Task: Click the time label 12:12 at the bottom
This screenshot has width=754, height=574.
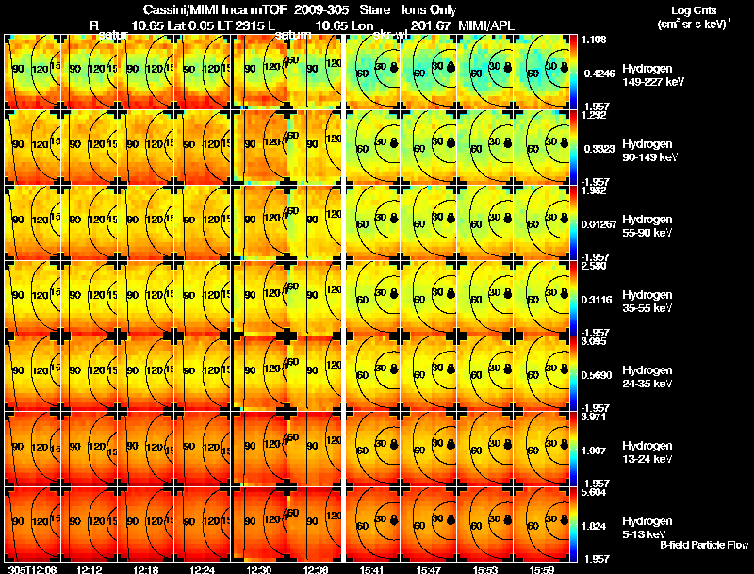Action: click(x=91, y=569)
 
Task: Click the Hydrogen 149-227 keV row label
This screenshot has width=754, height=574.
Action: click(x=652, y=75)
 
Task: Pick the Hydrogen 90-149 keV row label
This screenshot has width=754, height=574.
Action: click(x=652, y=151)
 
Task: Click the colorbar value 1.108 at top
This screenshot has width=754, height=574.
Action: click(x=594, y=40)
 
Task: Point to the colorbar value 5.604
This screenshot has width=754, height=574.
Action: click(x=594, y=492)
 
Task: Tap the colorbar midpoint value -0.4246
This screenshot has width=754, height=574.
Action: click(x=599, y=72)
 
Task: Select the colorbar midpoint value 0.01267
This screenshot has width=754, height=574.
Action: click(x=599, y=223)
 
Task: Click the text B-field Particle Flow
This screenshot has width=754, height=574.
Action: click(x=705, y=545)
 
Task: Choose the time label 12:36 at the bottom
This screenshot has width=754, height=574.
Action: click(x=317, y=569)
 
